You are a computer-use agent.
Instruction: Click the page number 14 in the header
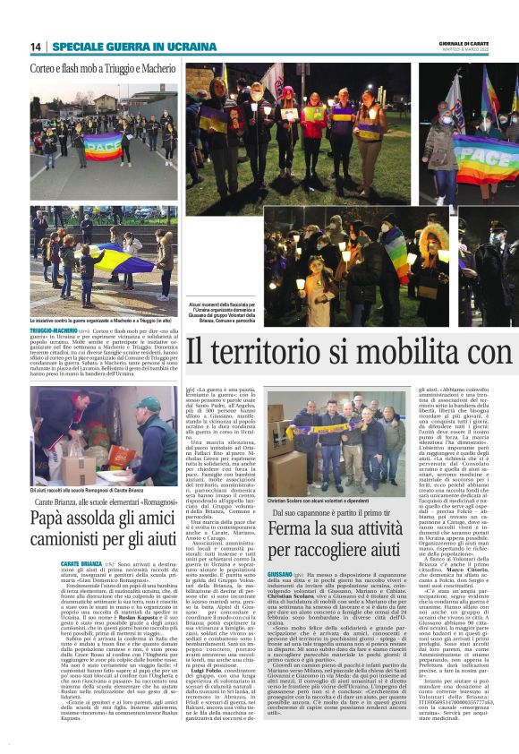click(36, 47)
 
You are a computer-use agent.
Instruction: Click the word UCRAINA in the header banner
click(191, 47)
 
